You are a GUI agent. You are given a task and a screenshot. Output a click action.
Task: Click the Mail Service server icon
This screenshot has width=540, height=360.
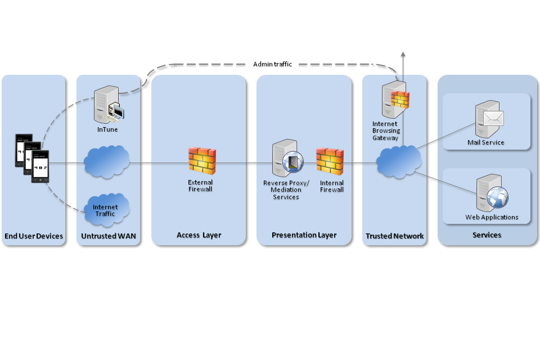point(488,119)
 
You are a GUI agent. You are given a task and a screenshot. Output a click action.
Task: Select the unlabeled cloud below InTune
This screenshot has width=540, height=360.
point(107,163)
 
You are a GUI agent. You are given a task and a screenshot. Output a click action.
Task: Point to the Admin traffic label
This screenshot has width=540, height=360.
point(272,64)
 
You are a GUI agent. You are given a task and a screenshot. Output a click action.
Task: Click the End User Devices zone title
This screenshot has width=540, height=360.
point(34,236)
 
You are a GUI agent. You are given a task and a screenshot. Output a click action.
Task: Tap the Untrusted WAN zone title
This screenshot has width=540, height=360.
point(107,236)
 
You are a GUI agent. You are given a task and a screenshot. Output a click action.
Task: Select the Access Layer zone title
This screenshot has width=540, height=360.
point(199,235)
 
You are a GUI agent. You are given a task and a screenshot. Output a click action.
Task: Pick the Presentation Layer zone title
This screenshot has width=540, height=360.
point(304,235)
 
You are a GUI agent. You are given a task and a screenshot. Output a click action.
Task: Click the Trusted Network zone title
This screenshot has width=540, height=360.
point(394,236)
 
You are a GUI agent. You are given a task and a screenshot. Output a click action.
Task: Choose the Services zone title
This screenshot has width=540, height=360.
point(487,235)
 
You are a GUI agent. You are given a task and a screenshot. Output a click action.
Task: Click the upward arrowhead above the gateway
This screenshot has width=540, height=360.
point(403,54)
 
